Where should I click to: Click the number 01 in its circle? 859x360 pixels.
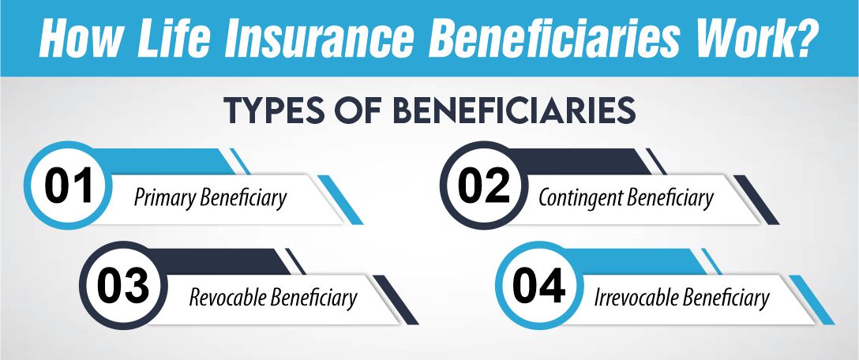[69, 187]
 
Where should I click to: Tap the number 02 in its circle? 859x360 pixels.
[483, 187]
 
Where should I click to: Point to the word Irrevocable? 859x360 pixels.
[636, 298]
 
